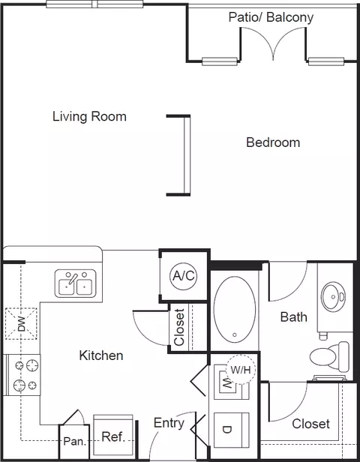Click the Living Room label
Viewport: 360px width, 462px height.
click(x=89, y=117)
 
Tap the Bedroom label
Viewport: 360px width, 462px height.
click(x=273, y=142)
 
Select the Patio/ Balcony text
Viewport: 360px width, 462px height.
click(x=271, y=17)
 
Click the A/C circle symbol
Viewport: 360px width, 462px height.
click(x=183, y=276)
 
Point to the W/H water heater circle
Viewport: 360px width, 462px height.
click(x=241, y=370)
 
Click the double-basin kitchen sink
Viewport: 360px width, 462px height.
click(x=76, y=283)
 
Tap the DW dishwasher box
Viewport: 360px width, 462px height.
click(x=21, y=323)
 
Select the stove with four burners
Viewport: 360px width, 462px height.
click(x=22, y=375)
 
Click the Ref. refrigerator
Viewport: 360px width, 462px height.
click(x=113, y=435)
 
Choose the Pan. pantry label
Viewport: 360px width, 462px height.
click(x=74, y=441)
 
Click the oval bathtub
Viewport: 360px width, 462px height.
click(x=235, y=309)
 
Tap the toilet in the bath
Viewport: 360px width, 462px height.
click(x=329, y=356)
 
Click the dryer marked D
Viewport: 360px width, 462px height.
click(x=232, y=430)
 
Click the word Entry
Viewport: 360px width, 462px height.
click(x=169, y=424)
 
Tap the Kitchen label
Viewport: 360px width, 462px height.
click(x=101, y=355)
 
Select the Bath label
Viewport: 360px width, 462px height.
click(x=294, y=317)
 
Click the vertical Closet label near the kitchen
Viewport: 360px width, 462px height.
click(x=179, y=327)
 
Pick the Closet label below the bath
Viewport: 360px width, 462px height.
click(x=310, y=424)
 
